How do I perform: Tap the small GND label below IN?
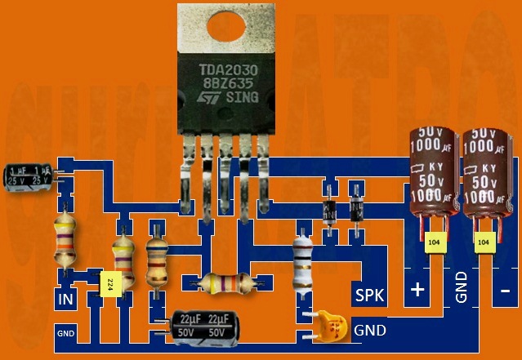pos(65,333)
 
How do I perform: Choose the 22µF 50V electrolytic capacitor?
pos(199,325)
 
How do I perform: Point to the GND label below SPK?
pos(369,331)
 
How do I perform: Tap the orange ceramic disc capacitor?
pos(331,324)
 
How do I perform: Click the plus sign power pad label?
pos(419,290)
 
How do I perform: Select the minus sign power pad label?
pos(506,290)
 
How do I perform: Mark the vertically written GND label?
pos(462,287)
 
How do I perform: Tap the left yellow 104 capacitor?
pos(434,242)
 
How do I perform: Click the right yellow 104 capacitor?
pos(484,242)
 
